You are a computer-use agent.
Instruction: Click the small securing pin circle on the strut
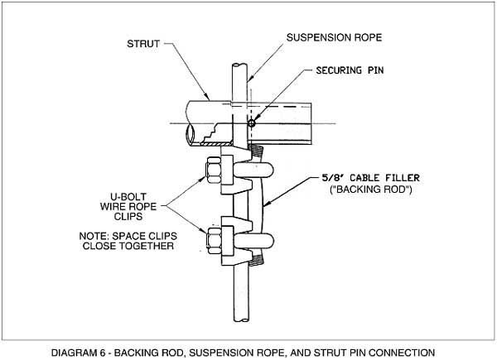tap(252, 124)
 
